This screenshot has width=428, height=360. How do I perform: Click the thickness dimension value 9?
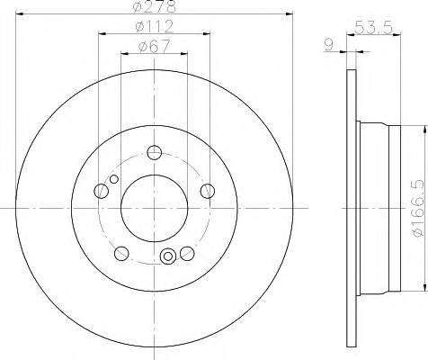coord(331,42)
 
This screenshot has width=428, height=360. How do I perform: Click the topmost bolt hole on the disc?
coord(154,152)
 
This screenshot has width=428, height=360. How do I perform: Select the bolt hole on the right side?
coord(208,190)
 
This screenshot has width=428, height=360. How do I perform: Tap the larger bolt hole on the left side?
coord(101,190)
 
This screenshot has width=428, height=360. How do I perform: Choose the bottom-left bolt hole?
coord(120,252)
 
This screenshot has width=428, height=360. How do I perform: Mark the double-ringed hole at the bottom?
coord(167,258)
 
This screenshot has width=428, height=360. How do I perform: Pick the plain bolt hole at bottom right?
coord(187,252)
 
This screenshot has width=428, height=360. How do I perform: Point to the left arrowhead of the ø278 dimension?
coord(18,15)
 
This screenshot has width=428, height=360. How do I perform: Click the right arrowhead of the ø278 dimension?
coord(290,15)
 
